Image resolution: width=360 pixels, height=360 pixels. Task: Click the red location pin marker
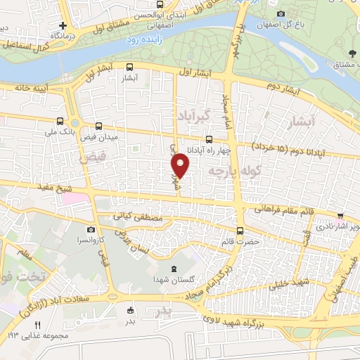coord(181,165)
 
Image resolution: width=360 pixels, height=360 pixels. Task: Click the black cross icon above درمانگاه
coord(63,25)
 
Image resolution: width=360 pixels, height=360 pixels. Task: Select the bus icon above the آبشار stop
coord(129,67)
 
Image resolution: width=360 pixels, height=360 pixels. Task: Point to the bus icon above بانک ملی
coord(60,120)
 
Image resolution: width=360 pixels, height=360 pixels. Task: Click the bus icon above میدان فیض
coord(98,126)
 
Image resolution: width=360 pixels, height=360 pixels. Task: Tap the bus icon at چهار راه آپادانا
coord(210,139)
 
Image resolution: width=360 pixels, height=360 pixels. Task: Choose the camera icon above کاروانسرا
coord(91,229)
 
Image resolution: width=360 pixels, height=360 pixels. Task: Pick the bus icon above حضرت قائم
coord(240,231)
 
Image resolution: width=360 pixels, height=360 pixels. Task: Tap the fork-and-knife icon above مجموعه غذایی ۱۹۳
coord(38,324)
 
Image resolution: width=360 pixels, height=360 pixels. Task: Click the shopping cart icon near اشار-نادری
coord(341,216)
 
